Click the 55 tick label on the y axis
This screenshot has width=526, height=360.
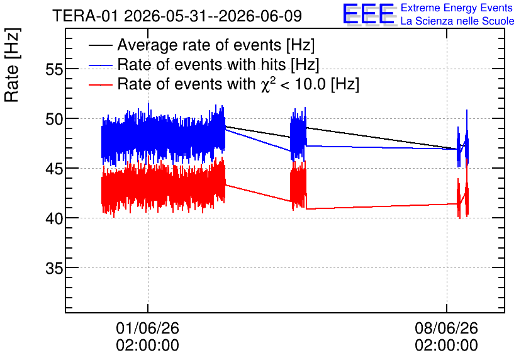54,70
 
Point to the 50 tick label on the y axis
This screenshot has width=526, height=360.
54,120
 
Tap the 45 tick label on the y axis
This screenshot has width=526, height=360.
54,169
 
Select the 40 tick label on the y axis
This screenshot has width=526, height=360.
54,219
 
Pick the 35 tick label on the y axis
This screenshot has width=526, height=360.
54,268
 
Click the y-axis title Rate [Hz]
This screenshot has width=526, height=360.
12,65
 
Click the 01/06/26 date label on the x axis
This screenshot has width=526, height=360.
148,328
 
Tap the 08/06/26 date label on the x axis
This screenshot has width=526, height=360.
446,328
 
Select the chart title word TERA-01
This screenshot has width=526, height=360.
85,16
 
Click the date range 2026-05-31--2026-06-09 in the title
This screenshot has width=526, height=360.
213,16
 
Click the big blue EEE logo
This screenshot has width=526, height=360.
369,14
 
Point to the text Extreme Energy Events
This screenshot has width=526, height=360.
457,8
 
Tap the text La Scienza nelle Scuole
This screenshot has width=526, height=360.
457,21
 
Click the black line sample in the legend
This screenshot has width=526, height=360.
101,45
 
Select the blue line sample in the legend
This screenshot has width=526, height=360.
101,65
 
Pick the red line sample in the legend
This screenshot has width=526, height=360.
101,84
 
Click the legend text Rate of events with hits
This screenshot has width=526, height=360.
201,64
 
